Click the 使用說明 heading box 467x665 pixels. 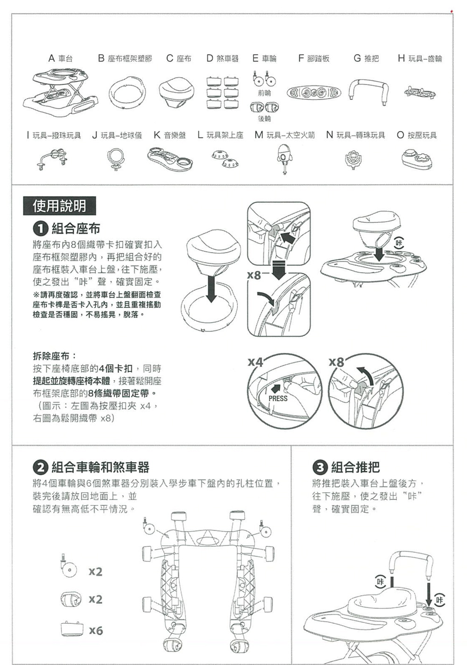[x=59, y=205]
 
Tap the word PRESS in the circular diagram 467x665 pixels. [x=278, y=398]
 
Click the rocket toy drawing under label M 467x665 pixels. [x=284, y=159]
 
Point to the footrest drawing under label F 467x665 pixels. [x=313, y=93]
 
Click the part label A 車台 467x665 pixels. [x=61, y=58]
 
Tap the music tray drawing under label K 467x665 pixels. [x=170, y=158]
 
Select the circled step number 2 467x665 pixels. [x=40, y=467]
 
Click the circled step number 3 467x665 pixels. [x=320, y=467]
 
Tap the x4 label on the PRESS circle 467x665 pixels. [x=255, y=362]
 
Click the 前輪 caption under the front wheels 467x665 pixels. [x=264, y=93]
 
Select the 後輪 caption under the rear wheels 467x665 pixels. [x=264, y=119]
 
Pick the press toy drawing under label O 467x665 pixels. [x=417, y=158]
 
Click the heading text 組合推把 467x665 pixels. [x=355, y=467]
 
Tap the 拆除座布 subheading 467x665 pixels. [x=54, y=356]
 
